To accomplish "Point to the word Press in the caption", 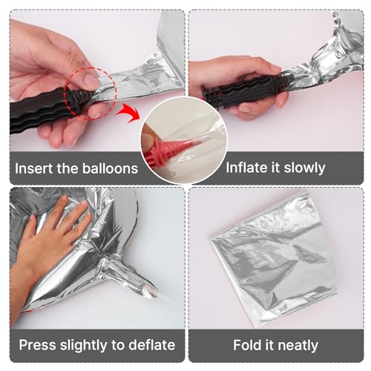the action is pyautogui.click(x=37, y=345).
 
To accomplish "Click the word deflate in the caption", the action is pyautogui.click(x=152, y=345).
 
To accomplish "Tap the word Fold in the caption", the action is pyautogui.click(x=247, y=345).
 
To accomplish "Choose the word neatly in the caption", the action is pyautogui.click(x=298, y=346).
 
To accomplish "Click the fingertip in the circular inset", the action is pyautogui.click(x=148, y=139).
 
